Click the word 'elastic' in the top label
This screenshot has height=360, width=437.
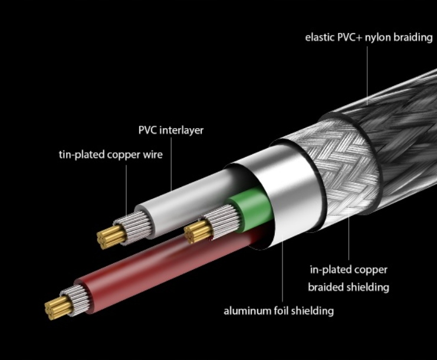(318, 37)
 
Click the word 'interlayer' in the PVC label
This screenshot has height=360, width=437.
(181, 130)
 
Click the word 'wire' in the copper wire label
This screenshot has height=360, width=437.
(152, 155)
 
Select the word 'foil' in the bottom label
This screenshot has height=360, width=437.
(280, 310)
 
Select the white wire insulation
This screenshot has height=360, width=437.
(177, 201)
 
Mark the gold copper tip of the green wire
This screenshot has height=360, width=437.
(194, 233)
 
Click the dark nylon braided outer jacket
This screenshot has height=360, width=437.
(389, 118)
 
